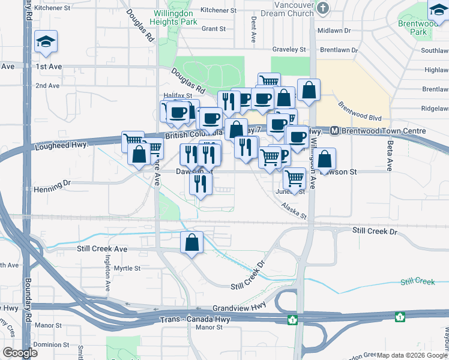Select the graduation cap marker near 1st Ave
coord(46,41)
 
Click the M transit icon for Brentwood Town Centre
coord(335,131)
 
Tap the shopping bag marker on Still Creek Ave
coord(191,243)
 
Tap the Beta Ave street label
coord(390,159)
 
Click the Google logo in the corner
coord(20,352)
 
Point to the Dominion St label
coord(51,344)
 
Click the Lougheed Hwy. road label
coord(62,146)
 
